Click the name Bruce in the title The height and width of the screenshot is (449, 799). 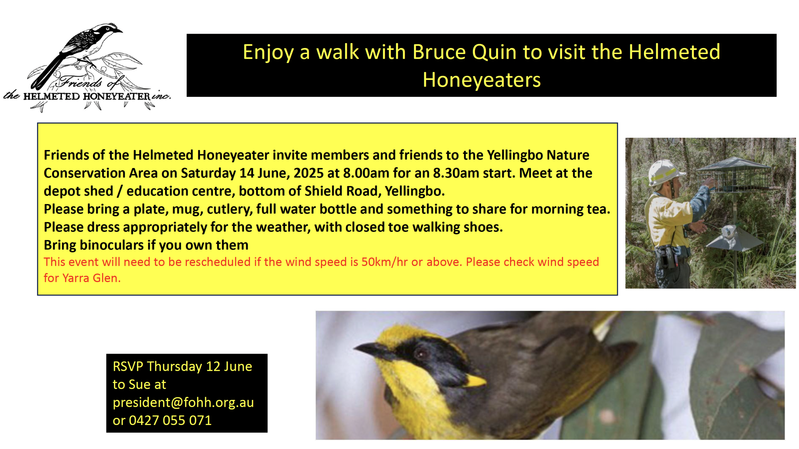pyautogui.click(x=439, y=52)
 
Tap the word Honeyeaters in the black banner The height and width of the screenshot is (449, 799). pyautogui.click(x=481, y=80)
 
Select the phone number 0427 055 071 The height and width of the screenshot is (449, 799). pyautogui.click(x=170, y=420)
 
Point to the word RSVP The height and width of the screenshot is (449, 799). pyautogui.click(x=128, y=367)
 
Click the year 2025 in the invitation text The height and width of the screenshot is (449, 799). pyautogui.click(x=308, y=173)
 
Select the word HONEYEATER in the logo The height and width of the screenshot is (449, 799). pyautogui.click(x=117, y=96)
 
